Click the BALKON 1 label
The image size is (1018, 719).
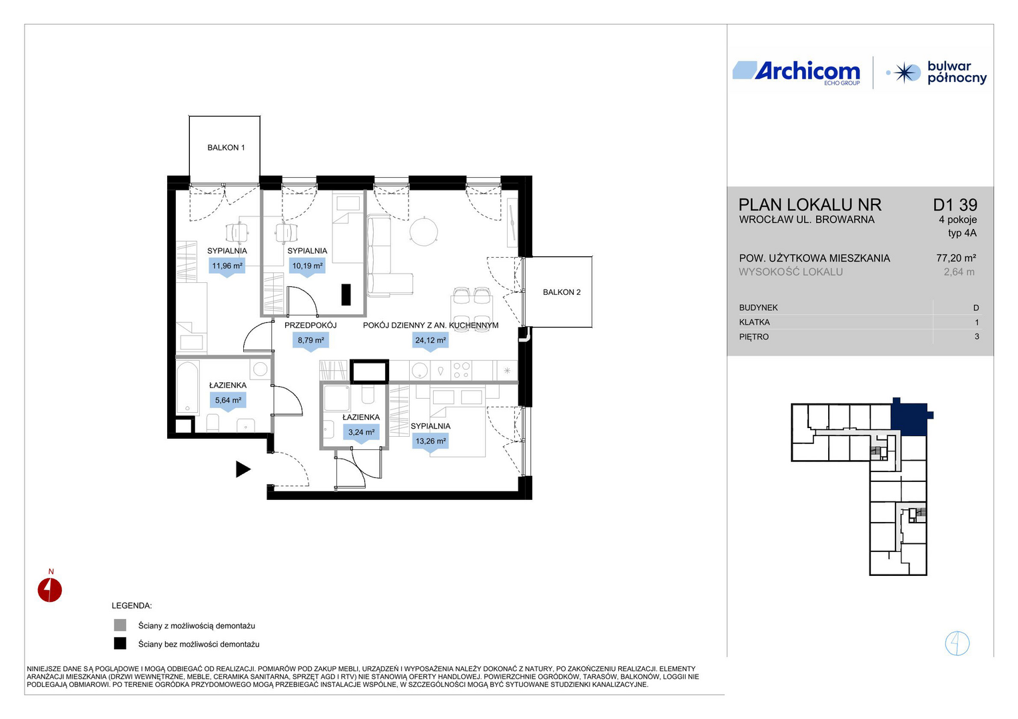pos(226,148)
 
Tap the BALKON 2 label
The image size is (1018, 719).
pos(562,292)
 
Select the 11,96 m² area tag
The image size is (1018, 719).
pos(227,266)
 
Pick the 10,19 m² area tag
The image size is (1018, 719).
pos(307,266)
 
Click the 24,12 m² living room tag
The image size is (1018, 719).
pos(430,341)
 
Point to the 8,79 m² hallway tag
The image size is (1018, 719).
pos(311,341)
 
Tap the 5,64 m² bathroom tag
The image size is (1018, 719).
pos(228,401)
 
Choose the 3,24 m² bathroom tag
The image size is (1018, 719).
pos(361,433)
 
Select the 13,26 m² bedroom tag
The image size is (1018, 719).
pos(430,442)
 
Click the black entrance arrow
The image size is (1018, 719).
pos(243,469)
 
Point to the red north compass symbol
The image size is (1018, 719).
pos(49,590)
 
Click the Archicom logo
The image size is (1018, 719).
pos(796,73)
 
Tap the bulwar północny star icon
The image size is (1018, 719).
pos(906,73)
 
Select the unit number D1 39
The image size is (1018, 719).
pos(955,205)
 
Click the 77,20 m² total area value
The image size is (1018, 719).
pos(956,258)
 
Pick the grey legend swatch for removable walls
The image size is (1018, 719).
pos(120,625)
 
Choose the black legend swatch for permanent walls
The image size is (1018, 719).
pos(120,644)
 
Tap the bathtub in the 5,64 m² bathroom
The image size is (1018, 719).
pos(188,387)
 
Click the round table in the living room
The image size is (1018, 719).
pos(424,231)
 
